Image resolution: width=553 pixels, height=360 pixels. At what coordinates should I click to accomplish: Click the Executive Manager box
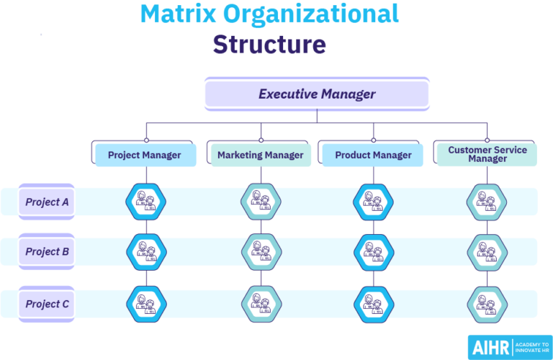pos(317,94)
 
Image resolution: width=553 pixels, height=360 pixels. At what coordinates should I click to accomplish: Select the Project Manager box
pos(145,155)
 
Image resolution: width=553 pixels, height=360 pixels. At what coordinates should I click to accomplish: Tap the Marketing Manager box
pos(260,155)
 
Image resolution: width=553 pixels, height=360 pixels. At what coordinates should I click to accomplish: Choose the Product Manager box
pos(373,155)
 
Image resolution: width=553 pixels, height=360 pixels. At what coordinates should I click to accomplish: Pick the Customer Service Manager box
pos(487,154)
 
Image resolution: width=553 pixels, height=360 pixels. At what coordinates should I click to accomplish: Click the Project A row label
pos(47,202)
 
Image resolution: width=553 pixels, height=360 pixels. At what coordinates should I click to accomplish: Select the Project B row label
pos(47,251)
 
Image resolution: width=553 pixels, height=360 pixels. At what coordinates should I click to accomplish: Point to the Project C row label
pos(47,304)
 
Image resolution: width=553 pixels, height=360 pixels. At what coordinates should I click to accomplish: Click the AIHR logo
pos(509,347)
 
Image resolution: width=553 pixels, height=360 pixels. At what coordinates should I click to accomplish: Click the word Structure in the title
pos(269,45)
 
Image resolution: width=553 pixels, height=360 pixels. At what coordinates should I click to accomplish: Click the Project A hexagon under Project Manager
pos(145,201)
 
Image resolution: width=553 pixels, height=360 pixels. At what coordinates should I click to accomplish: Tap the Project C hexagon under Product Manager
pos(373,303)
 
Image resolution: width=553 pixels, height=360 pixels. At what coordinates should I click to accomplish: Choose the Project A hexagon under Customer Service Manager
pos(486,201)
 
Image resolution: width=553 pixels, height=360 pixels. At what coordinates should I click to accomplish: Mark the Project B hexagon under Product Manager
pos(373,251)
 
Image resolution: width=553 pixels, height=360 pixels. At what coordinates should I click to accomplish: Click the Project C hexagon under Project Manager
pos(145,303)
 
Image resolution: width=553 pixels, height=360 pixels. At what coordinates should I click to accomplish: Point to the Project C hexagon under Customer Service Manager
pos(486,303)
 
